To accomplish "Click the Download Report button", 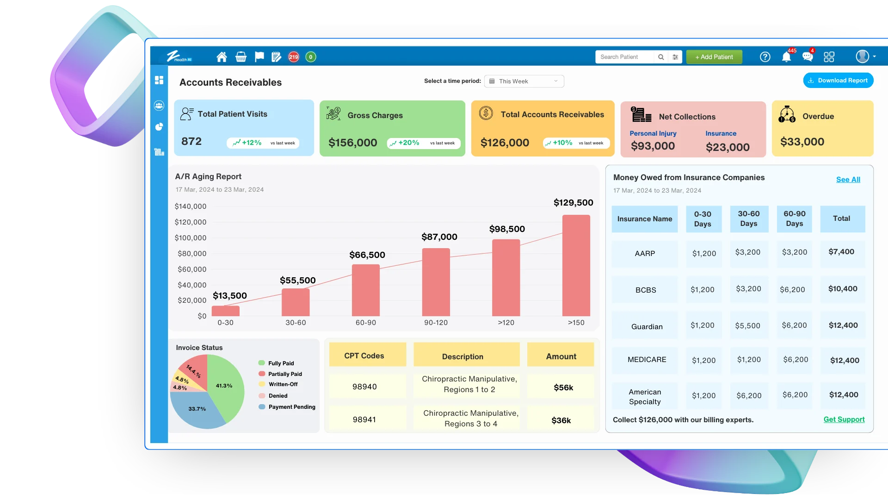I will (x=838, y=81).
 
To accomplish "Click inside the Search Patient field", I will (x=624, y=57).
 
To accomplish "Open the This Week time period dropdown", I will (x=524, y=81).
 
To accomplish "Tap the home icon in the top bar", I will (x=222, y=57).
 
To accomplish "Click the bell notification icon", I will (x=786, y=57).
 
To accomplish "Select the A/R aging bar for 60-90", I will (x=365, y=290).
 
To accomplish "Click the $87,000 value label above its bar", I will (x=439, y=237).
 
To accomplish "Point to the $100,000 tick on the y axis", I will (x=191, y=238).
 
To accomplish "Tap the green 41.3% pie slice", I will (x=225, y=385).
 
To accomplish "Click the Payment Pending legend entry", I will (x=291, y=407).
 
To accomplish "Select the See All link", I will (x=848, y=180).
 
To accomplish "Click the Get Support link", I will (x=844, y=419).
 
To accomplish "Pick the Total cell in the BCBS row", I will (x=842, y=289).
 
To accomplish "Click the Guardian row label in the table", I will (x=647, y=326).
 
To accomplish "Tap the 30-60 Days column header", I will (x=748, y=219).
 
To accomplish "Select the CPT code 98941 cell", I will (x=364, y=419).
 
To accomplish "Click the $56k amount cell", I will (x=563, y=387).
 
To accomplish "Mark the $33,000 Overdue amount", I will (x=802, y=142).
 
